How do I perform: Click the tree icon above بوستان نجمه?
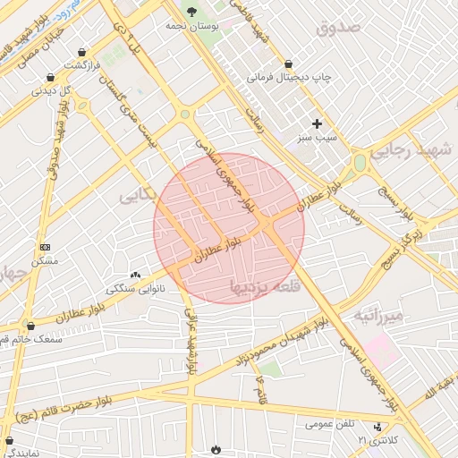coord(191,11)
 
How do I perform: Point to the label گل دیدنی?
coord(51,90)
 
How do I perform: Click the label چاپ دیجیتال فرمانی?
coord(289,77)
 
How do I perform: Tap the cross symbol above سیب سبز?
coord(317,123)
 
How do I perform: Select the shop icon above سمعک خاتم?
coord(30,326)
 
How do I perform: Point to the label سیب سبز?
coord(318,139)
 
